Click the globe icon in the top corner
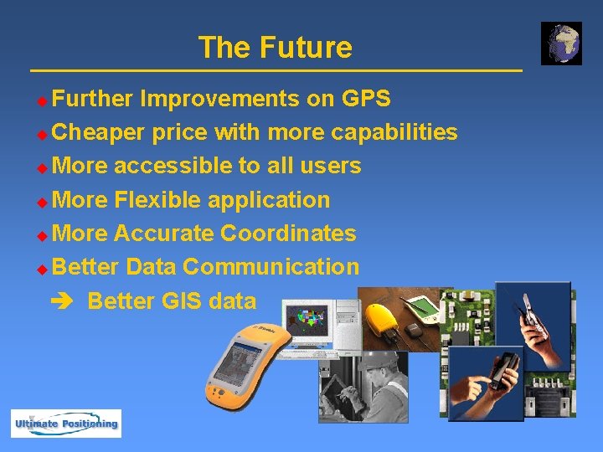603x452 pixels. [x=561, y=44]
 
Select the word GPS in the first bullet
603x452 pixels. [x=366, y=99]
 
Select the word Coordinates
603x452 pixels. [x=288, y=234]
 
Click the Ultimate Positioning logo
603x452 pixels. [x=65, y=424]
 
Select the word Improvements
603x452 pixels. [x=219, y=99]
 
